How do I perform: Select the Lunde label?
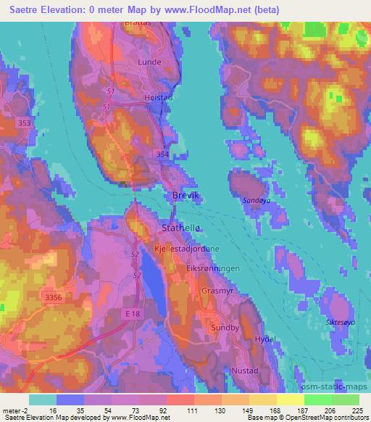tap(149, 62)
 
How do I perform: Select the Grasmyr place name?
tap(217, 291)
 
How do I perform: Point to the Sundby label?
tap(223, 327)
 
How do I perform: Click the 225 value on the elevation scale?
tap(357, 410)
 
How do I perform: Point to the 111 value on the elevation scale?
tap(192, 410)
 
